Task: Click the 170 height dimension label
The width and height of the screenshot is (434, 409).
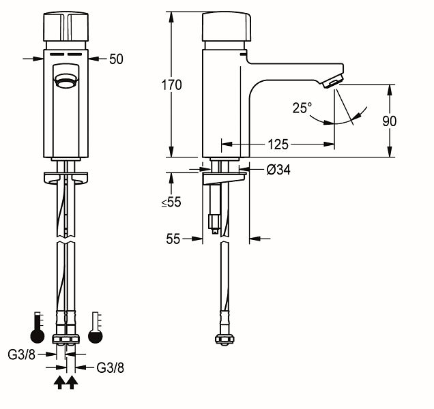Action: [171, 85]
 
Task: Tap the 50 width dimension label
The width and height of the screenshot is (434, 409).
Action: [116, 59]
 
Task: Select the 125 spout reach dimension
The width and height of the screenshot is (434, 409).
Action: [278, 145]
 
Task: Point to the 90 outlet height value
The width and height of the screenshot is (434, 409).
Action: [389, 121]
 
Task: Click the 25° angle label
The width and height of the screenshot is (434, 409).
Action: [302, 108]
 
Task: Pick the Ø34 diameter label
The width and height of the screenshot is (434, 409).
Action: [278, 170]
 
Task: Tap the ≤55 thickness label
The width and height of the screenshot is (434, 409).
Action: [171, 202]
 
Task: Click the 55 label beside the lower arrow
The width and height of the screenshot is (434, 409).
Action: [173, 239]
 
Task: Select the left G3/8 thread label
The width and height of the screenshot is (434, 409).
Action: [22, 354]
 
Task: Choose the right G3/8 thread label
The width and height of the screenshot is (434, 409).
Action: [110, 368]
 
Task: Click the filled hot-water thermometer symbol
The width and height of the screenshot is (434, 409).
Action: [38, 328]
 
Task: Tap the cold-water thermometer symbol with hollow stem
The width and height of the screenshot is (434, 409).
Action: [96, 328]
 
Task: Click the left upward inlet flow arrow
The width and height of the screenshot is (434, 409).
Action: [60, 382]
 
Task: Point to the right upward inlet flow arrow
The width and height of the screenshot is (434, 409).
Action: [72, 382]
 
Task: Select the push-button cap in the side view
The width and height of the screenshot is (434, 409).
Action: [227, 27]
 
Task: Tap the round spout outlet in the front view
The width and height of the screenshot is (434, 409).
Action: [66, 81]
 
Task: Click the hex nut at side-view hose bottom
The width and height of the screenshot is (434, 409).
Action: [225, 339]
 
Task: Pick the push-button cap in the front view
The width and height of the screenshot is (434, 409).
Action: [66, 27]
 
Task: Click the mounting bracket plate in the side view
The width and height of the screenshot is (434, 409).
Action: [225, 179]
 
